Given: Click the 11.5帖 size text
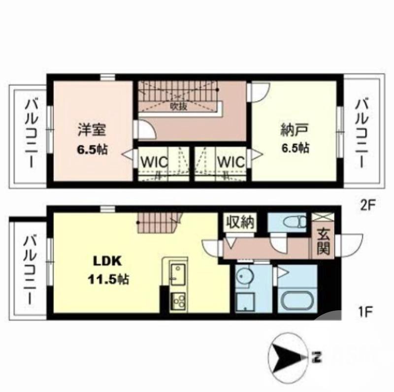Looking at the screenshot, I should [108, 280].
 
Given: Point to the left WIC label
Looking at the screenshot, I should [155, 162].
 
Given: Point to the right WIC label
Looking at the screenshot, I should [230, 162].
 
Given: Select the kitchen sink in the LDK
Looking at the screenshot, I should [177, 272].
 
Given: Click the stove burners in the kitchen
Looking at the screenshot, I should [177, 300].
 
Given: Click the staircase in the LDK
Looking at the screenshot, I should [158, 223].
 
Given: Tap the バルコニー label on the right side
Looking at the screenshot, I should [363, 133].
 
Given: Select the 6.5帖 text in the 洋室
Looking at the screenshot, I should [92, 150].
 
